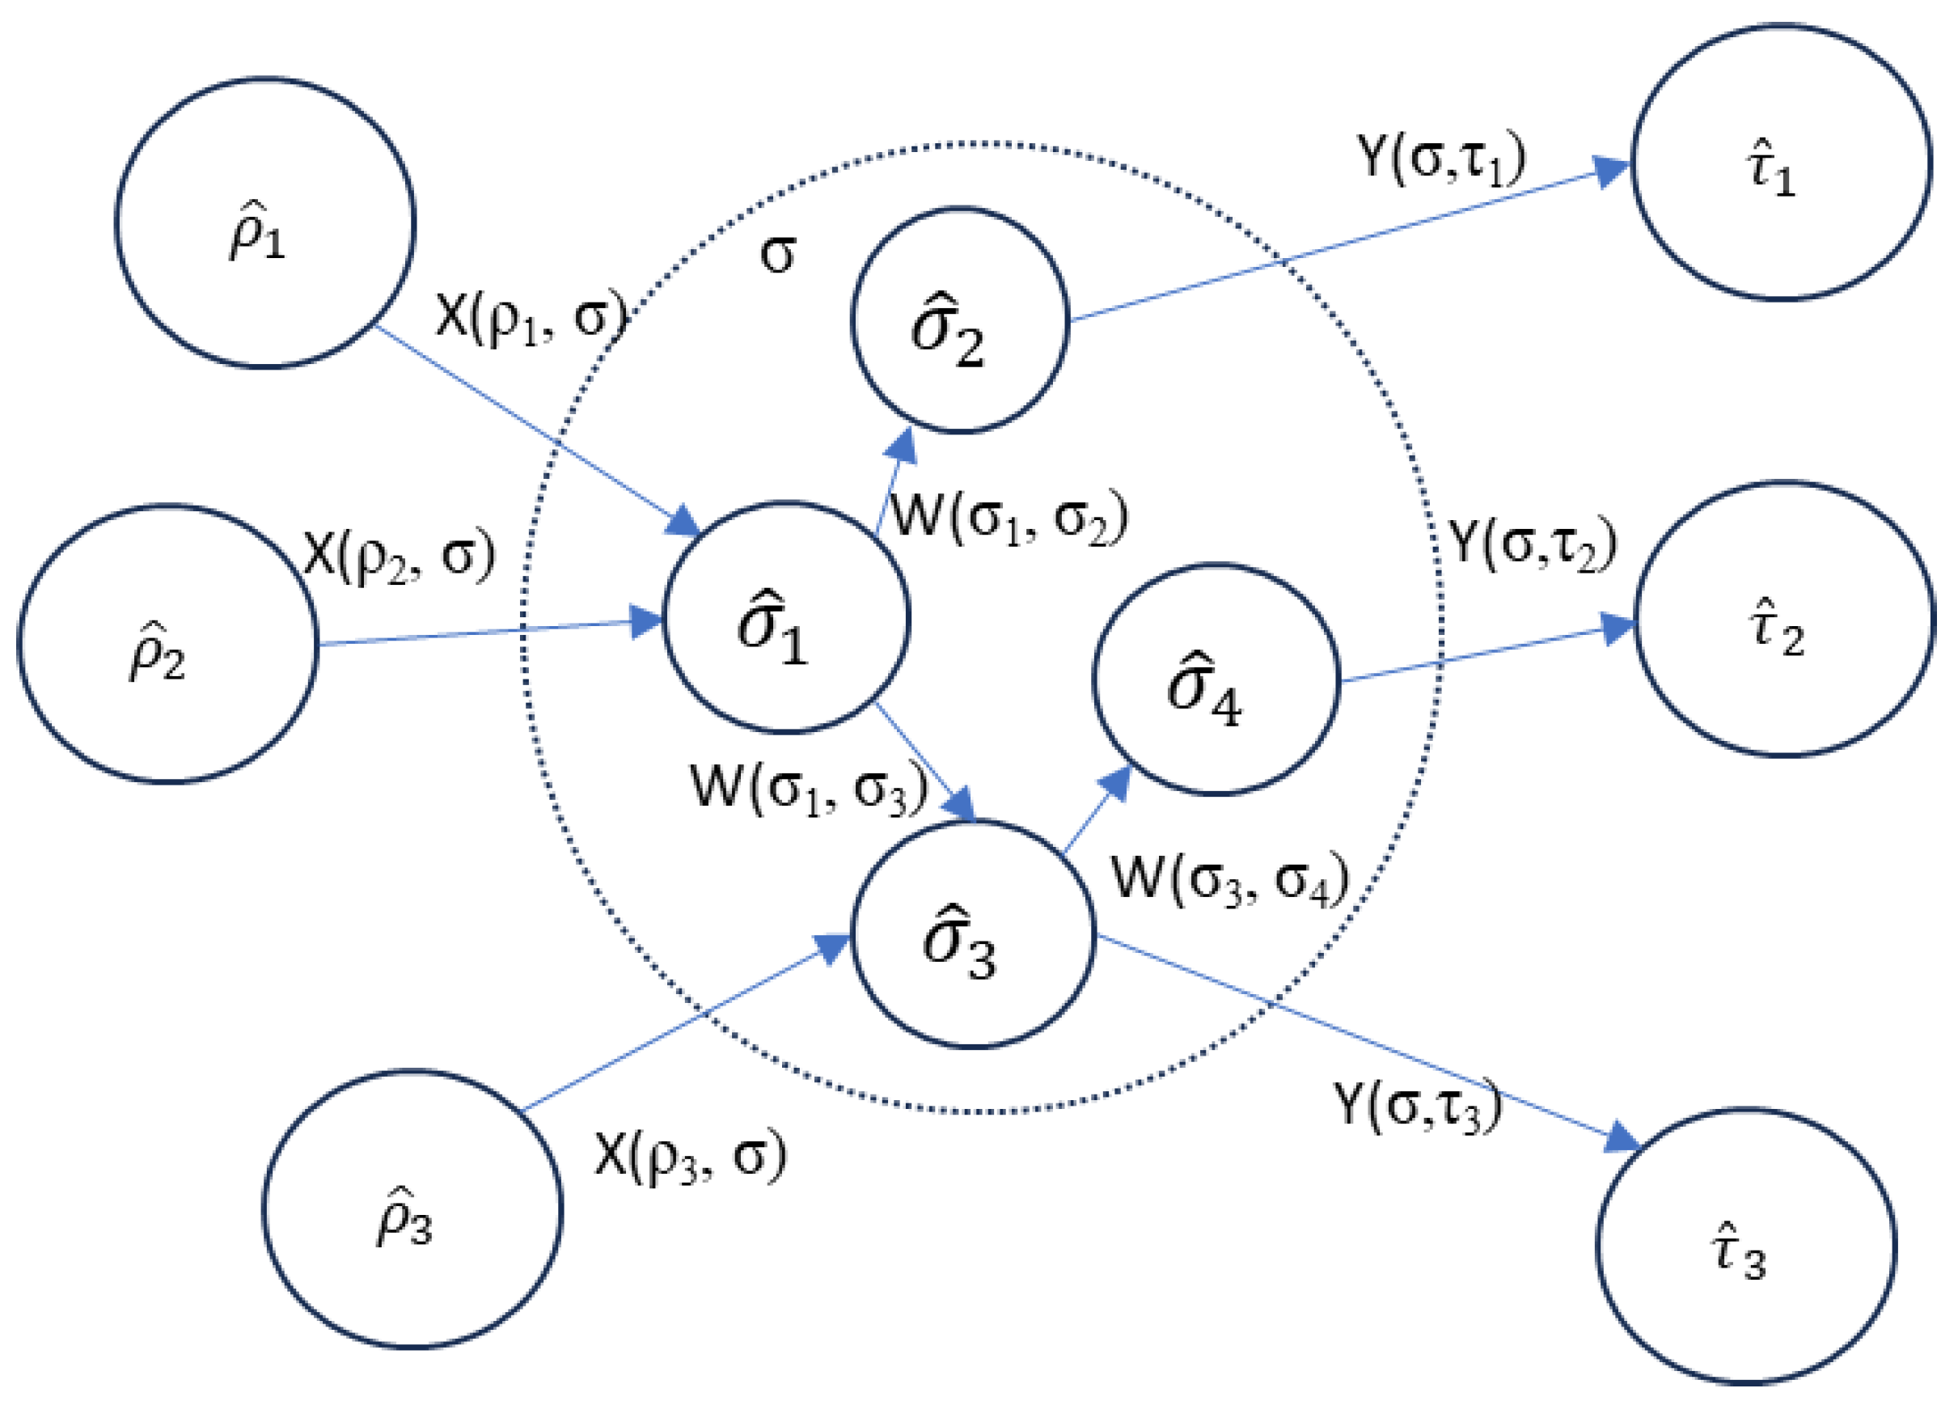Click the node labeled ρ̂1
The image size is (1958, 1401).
264,222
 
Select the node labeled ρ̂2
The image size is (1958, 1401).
168,644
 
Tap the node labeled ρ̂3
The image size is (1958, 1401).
412,1208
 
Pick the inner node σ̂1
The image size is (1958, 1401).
785,617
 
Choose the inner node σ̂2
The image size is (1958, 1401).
959,320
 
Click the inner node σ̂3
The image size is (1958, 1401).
973,933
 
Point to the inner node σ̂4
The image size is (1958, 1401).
1216,679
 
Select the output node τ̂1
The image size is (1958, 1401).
1780,163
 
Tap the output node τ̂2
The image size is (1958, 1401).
1784,619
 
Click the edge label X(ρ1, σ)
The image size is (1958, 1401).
531,317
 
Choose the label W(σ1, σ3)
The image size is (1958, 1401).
809,788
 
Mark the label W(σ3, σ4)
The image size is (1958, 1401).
1229,880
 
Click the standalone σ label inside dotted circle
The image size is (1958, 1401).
777,255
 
